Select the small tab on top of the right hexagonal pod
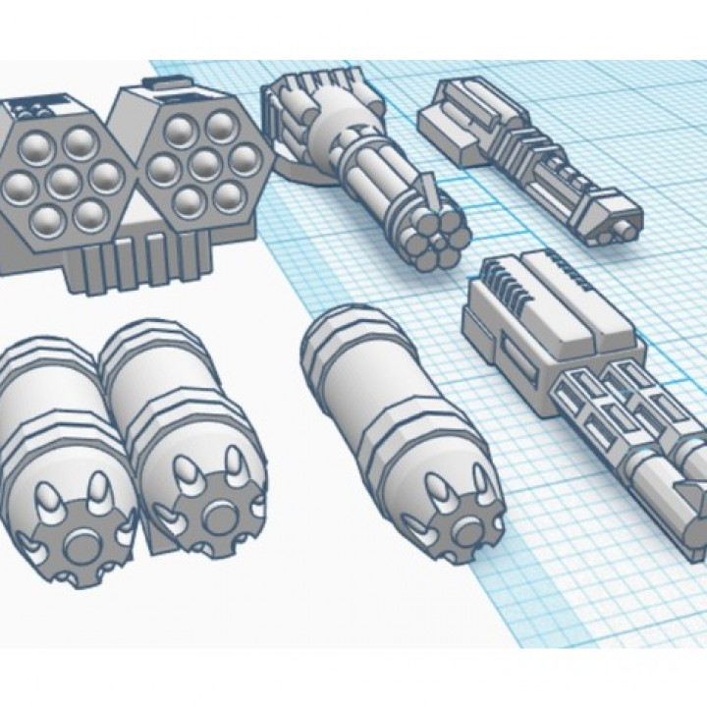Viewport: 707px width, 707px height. click(172, 82)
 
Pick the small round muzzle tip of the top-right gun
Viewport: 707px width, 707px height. click(623, 232)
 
